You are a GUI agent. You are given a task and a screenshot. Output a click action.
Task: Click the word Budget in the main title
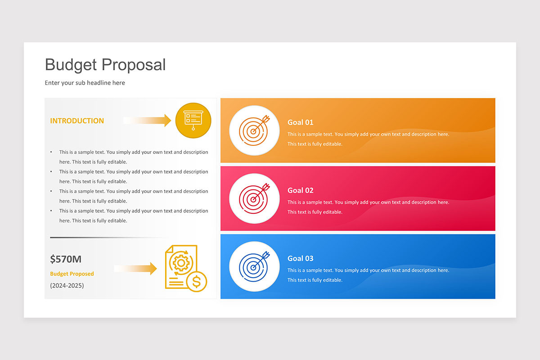tap(71, 65)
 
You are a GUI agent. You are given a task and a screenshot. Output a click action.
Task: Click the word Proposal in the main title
tap(134, 65)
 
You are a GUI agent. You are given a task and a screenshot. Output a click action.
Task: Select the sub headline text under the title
tap(85, 83)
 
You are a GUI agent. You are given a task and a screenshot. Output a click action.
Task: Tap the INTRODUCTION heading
tap(77, 121)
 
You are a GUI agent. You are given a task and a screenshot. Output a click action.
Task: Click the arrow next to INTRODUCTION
tap(147, 120)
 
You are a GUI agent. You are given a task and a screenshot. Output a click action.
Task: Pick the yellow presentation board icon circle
tap(193, 120)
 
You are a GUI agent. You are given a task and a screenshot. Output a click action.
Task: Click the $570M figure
tap(66, 259)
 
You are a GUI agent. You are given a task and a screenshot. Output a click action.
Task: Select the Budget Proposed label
tap(72, 274)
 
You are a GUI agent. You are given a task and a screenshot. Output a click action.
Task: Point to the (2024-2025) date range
tap(67, 285)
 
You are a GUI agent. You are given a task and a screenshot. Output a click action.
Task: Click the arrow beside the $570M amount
tap(135, 268)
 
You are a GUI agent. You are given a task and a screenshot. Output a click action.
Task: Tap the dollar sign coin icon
tap(197, 282)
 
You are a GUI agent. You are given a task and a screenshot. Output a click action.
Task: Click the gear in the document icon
tap(181, 263)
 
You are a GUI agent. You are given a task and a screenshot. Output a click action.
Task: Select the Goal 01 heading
tap(301, 122)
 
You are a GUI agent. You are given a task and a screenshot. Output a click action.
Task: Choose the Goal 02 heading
tap(301, 190)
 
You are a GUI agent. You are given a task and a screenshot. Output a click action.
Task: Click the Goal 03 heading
tap(301, 258)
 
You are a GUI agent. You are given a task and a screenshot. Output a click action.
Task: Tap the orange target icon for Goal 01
tap(254, 130)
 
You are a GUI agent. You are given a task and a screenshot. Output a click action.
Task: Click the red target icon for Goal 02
tap(254, 198)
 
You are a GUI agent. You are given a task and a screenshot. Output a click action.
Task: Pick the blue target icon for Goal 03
tap(254, 266)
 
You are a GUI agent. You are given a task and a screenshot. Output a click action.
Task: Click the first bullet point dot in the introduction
tap(51, 152)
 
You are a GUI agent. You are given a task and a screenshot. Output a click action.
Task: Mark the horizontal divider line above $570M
tap(108, 238)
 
